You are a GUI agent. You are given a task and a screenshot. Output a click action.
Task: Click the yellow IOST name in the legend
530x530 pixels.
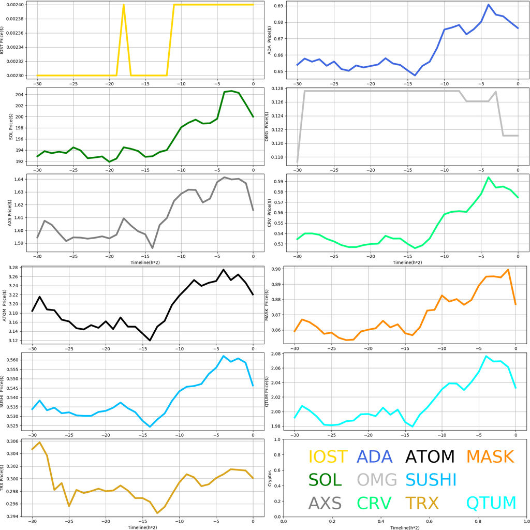point(328,457)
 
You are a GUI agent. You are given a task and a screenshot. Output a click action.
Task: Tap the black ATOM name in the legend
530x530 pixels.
point(430,457)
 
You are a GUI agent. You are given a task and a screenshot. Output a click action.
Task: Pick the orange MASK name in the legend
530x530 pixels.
point(490,457)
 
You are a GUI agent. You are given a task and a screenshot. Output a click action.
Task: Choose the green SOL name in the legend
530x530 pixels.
point(325,480)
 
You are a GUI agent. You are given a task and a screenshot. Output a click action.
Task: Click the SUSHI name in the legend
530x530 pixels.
point(431,480)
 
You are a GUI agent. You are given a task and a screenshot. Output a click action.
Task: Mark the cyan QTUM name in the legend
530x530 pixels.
point(491,503)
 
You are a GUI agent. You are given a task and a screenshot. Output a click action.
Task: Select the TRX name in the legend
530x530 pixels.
point(422,503)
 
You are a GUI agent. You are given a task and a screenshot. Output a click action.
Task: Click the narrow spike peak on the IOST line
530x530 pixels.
point(124,5)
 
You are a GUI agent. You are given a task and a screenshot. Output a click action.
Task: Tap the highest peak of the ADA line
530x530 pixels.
point(489,5)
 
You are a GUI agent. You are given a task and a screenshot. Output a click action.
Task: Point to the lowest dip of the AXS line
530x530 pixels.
point(153,248)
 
